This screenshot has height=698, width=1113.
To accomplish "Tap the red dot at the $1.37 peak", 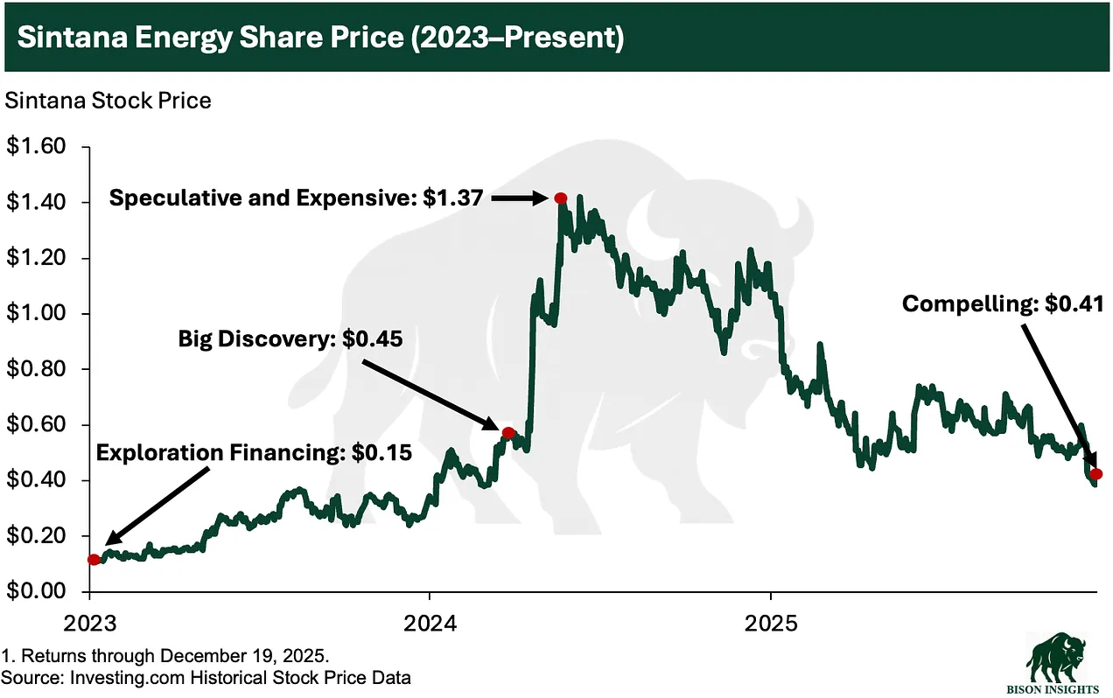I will (561, 199).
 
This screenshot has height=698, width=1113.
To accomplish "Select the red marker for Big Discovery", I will (508, 432).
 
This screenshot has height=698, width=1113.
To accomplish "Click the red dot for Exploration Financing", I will (94, 560).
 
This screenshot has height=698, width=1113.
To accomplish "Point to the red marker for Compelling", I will (1096, 474).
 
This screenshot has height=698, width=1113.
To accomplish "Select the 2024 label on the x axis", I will (429, 624).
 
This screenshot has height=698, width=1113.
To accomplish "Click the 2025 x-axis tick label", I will (770, 624).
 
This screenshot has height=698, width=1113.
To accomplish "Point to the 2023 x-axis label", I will (89, 624).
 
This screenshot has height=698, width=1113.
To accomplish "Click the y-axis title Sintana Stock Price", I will (108, 101).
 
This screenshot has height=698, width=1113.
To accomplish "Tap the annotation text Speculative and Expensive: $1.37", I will (295, 199).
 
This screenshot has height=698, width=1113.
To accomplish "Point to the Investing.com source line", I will (206, 676).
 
